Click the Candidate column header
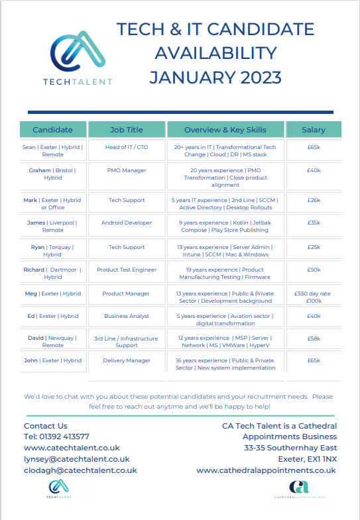click(52, 129)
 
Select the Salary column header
click(314, 129)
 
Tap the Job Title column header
click(126, 129)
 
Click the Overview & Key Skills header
click(225, 129)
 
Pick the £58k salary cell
click(314, 338)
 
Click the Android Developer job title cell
click(126, 223)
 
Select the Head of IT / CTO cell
click(126, 146)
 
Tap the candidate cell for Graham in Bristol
click(52, 174)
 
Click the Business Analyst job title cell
click(126, 316)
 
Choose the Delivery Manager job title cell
click(126, 360)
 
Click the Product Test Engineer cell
click(126, 270)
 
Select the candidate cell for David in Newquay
click(52, 341)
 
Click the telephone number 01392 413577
click(56, 437)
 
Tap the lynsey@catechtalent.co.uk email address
click(77, 458)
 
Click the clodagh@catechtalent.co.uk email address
click(80, 470)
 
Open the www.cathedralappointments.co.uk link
click(267, 470)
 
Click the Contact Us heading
click(46, 425)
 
